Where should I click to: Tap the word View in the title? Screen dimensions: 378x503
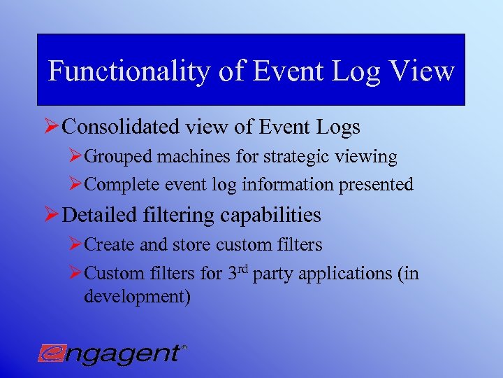[x=425, y=71]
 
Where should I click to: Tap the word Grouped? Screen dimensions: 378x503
[x=118, y=157]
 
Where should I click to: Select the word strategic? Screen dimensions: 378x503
[x=293, y=157]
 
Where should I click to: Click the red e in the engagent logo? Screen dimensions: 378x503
[x=51, y=352]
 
